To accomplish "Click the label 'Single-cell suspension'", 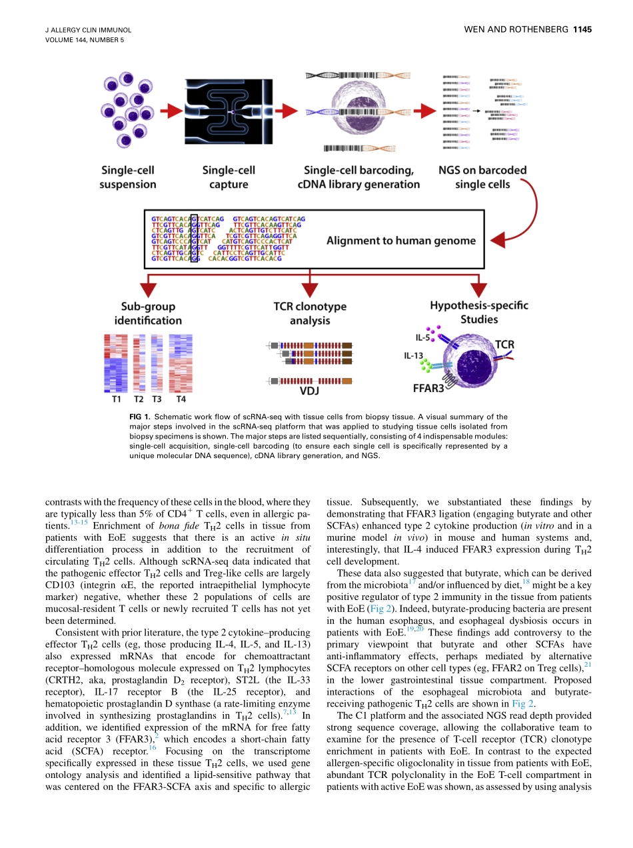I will click(x=128, y=177).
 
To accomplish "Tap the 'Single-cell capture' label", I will click(x=229, y=177).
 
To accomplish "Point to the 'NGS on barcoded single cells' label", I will click(x=482, y=177).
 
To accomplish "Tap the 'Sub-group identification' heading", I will click(x=148, y=313).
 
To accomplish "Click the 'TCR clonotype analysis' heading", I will click(x=310, y=313).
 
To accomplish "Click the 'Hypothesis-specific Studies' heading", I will click(x=478, y=312).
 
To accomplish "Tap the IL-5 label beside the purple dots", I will click(x=422, y=338).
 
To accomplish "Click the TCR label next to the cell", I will click(x=504, y=345).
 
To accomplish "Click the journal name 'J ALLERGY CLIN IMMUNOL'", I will click(x=87, y=30).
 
